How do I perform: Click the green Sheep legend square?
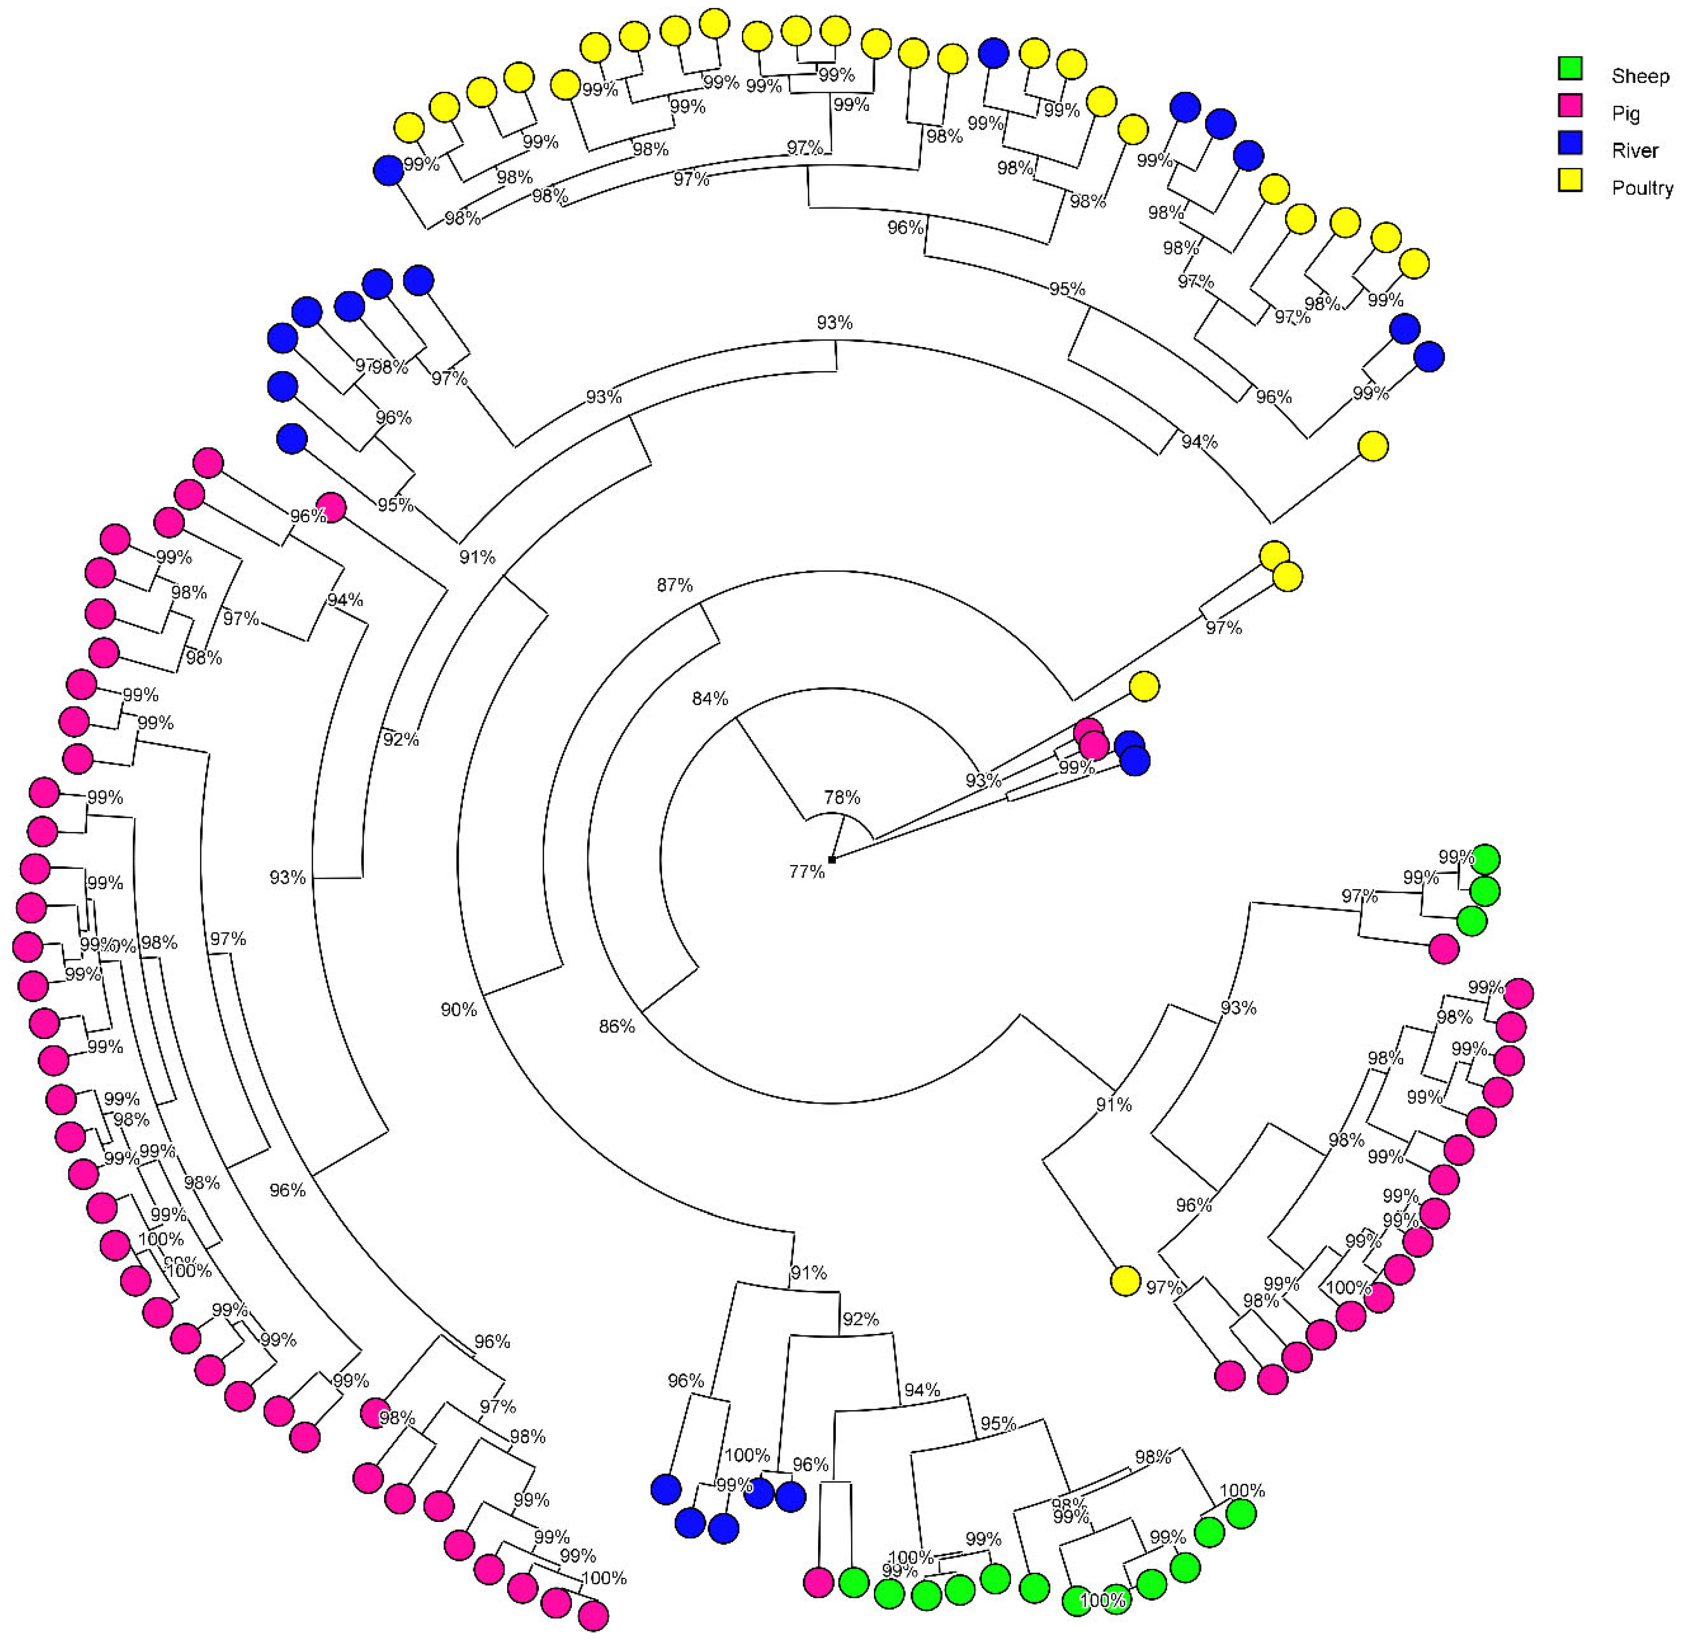(x=1570, y=69)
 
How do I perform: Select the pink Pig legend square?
(x=1570, y=106)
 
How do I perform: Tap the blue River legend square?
(x=1570, y=143)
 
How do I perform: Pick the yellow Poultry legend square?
(x=1570, y=180)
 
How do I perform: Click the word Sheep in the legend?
(x=1640, y=76)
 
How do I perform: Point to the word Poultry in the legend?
(x=1642, y=188)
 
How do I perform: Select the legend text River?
(x=1635, y=151)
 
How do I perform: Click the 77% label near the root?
(x=807, y=872)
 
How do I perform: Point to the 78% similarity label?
(x=842, y=797)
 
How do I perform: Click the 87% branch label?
(x=674, y=585)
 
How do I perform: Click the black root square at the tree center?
(x=831, y=859)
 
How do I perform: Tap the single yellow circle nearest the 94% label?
(x=1373, y=446)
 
